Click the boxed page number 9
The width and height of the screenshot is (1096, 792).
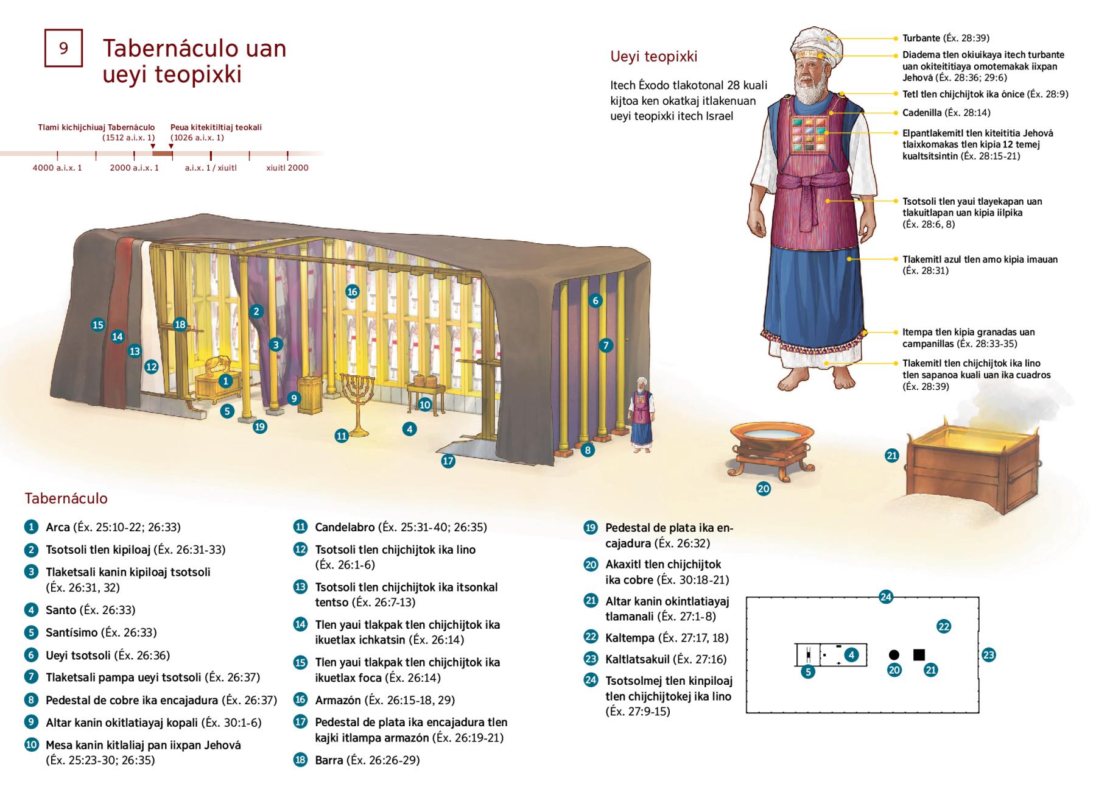(x=63, y=48)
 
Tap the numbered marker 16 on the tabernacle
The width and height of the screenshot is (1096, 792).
(x=352, y=292)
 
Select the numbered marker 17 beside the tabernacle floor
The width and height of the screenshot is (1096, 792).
(x=448, y=461)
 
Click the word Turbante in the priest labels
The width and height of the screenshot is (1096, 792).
(x=921, y=38)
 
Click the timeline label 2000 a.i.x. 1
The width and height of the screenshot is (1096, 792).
(x=134, y=168)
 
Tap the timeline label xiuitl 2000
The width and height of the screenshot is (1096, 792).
(x=287, y=168)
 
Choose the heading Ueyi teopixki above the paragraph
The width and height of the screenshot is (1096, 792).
(x=654, y=57)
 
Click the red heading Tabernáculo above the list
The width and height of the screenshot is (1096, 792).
(x=66, y=498)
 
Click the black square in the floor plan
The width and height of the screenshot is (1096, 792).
(x=919, y=655)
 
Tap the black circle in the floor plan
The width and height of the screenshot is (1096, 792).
(x=894, y=655)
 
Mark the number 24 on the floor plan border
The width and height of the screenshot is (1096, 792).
(x=886, y=597)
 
